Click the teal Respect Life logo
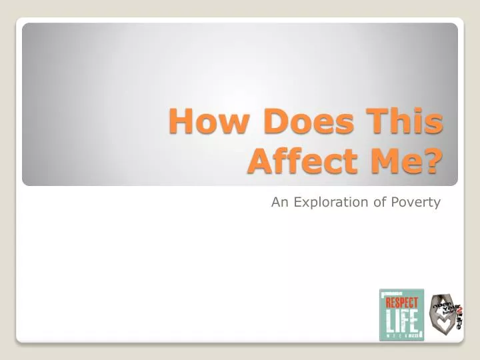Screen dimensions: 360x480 [x=401, y=315]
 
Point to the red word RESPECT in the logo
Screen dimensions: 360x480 [x=401, y=302]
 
